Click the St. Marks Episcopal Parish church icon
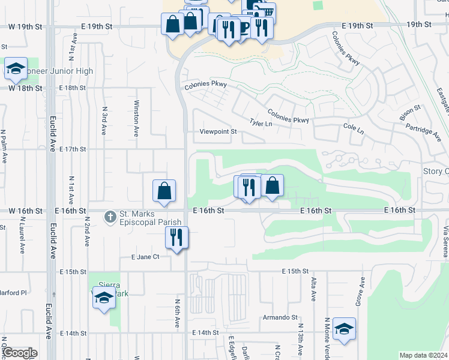(110, 216)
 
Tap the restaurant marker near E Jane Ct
(176, 237)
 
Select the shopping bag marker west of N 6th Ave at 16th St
(164, 191)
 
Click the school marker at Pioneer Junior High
(16, 68)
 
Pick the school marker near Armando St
(344, 328)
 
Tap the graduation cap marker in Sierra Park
(104, 297)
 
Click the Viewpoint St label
(215, 132)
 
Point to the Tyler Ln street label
(261, 122)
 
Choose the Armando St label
(279, 317)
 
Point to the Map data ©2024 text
(423, 355)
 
